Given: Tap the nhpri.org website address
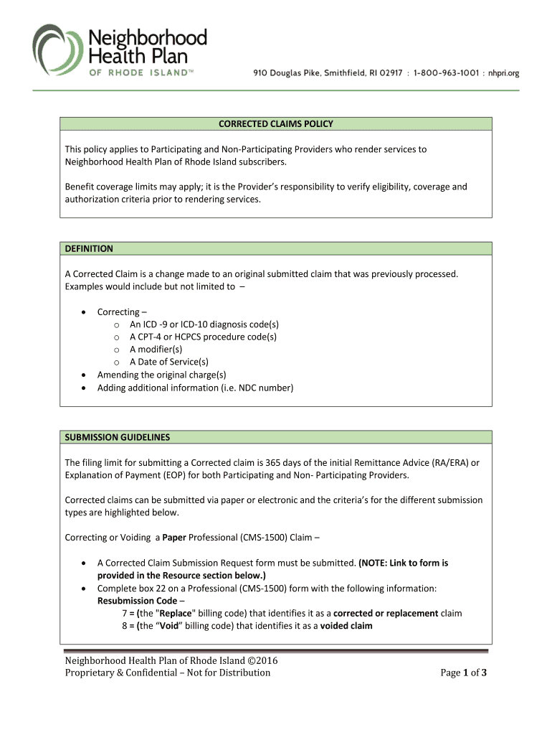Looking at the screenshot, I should pos(503,72).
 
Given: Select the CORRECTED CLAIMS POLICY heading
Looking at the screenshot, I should pos(276,124).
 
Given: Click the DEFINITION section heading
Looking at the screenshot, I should pos(89,248).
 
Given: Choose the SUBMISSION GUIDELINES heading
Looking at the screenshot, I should pos(118,437).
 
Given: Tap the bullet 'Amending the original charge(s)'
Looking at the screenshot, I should pos(161,375).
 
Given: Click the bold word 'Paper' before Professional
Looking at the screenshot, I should pos(174,538).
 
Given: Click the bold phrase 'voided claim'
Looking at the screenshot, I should pos(346,626).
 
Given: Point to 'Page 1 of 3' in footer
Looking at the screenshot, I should pos(464,673).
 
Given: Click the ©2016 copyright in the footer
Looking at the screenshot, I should pos(262,660).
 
